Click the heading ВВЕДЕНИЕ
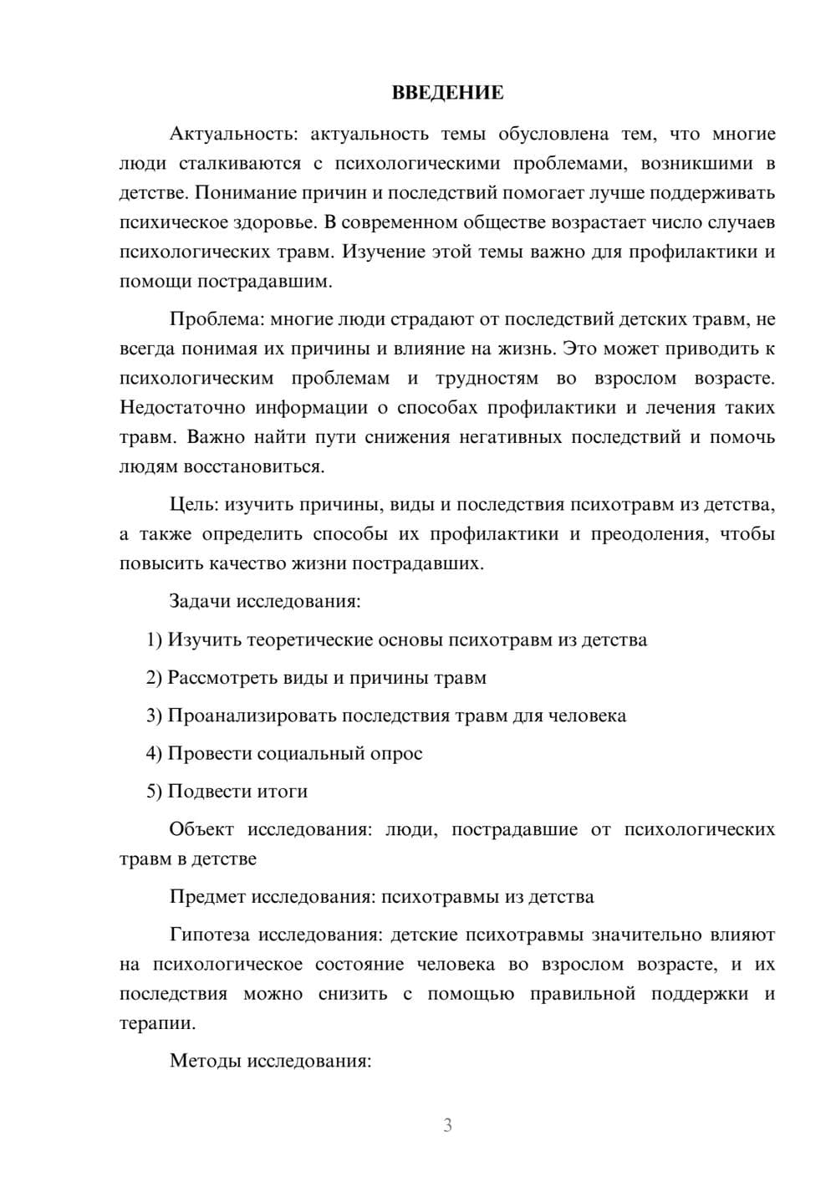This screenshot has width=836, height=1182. coord(447,93)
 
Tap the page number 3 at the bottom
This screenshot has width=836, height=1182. coord(447,1125)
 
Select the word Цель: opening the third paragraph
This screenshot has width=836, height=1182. coord(195,504)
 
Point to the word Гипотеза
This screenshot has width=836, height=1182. coord(211,935)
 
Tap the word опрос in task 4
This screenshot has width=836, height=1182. coord(396,753)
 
